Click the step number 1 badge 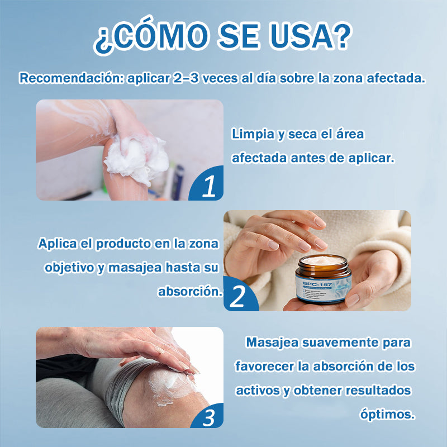coord(208,187)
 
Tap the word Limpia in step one coord(251,135)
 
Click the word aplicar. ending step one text coord(371,158)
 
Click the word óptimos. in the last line coord(387,414)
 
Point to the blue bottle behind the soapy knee coord(178,182)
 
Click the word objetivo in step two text coord(68,268)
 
